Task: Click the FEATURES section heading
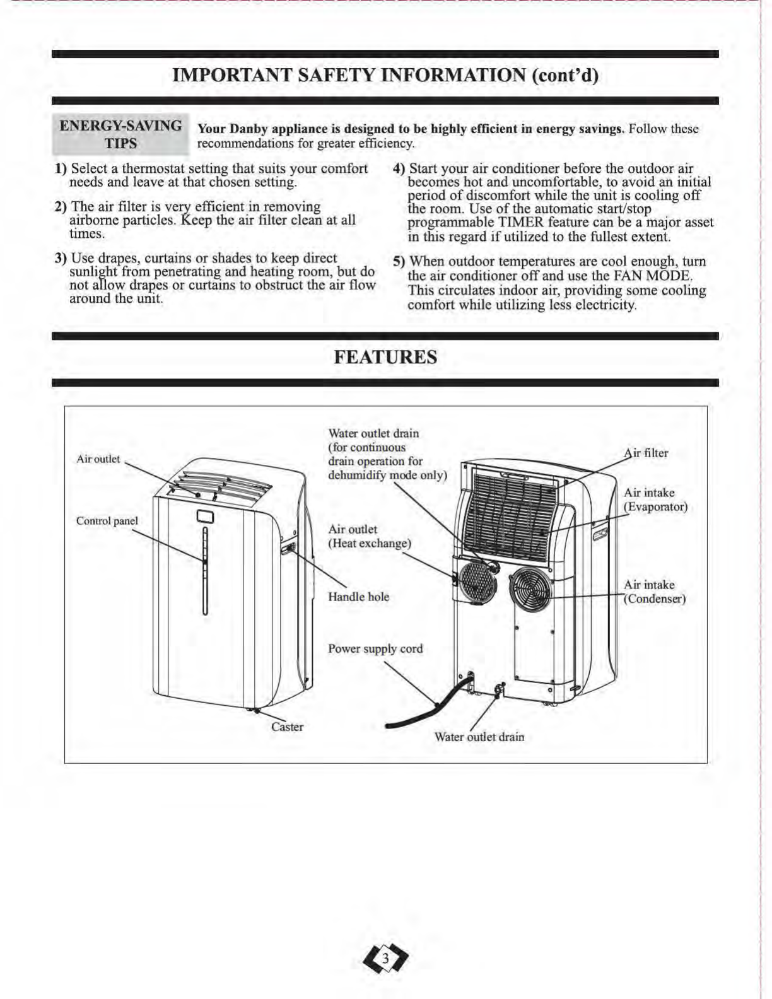coord(385,357)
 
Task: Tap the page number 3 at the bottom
coord(385,960)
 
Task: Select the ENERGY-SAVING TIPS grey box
coord(120,134)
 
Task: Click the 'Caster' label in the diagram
coord(287,727)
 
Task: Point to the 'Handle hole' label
coord(358,597)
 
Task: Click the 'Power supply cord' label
coord(375,648)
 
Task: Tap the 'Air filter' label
coord(646,453)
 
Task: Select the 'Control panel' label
coord(107,521)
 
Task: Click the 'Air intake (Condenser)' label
coord(654,592)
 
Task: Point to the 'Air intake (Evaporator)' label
coord(655,500)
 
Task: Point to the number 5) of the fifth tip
coord(399,262)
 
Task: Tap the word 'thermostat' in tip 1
coord(153,168)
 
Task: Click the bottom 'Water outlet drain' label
coord(479,737)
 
